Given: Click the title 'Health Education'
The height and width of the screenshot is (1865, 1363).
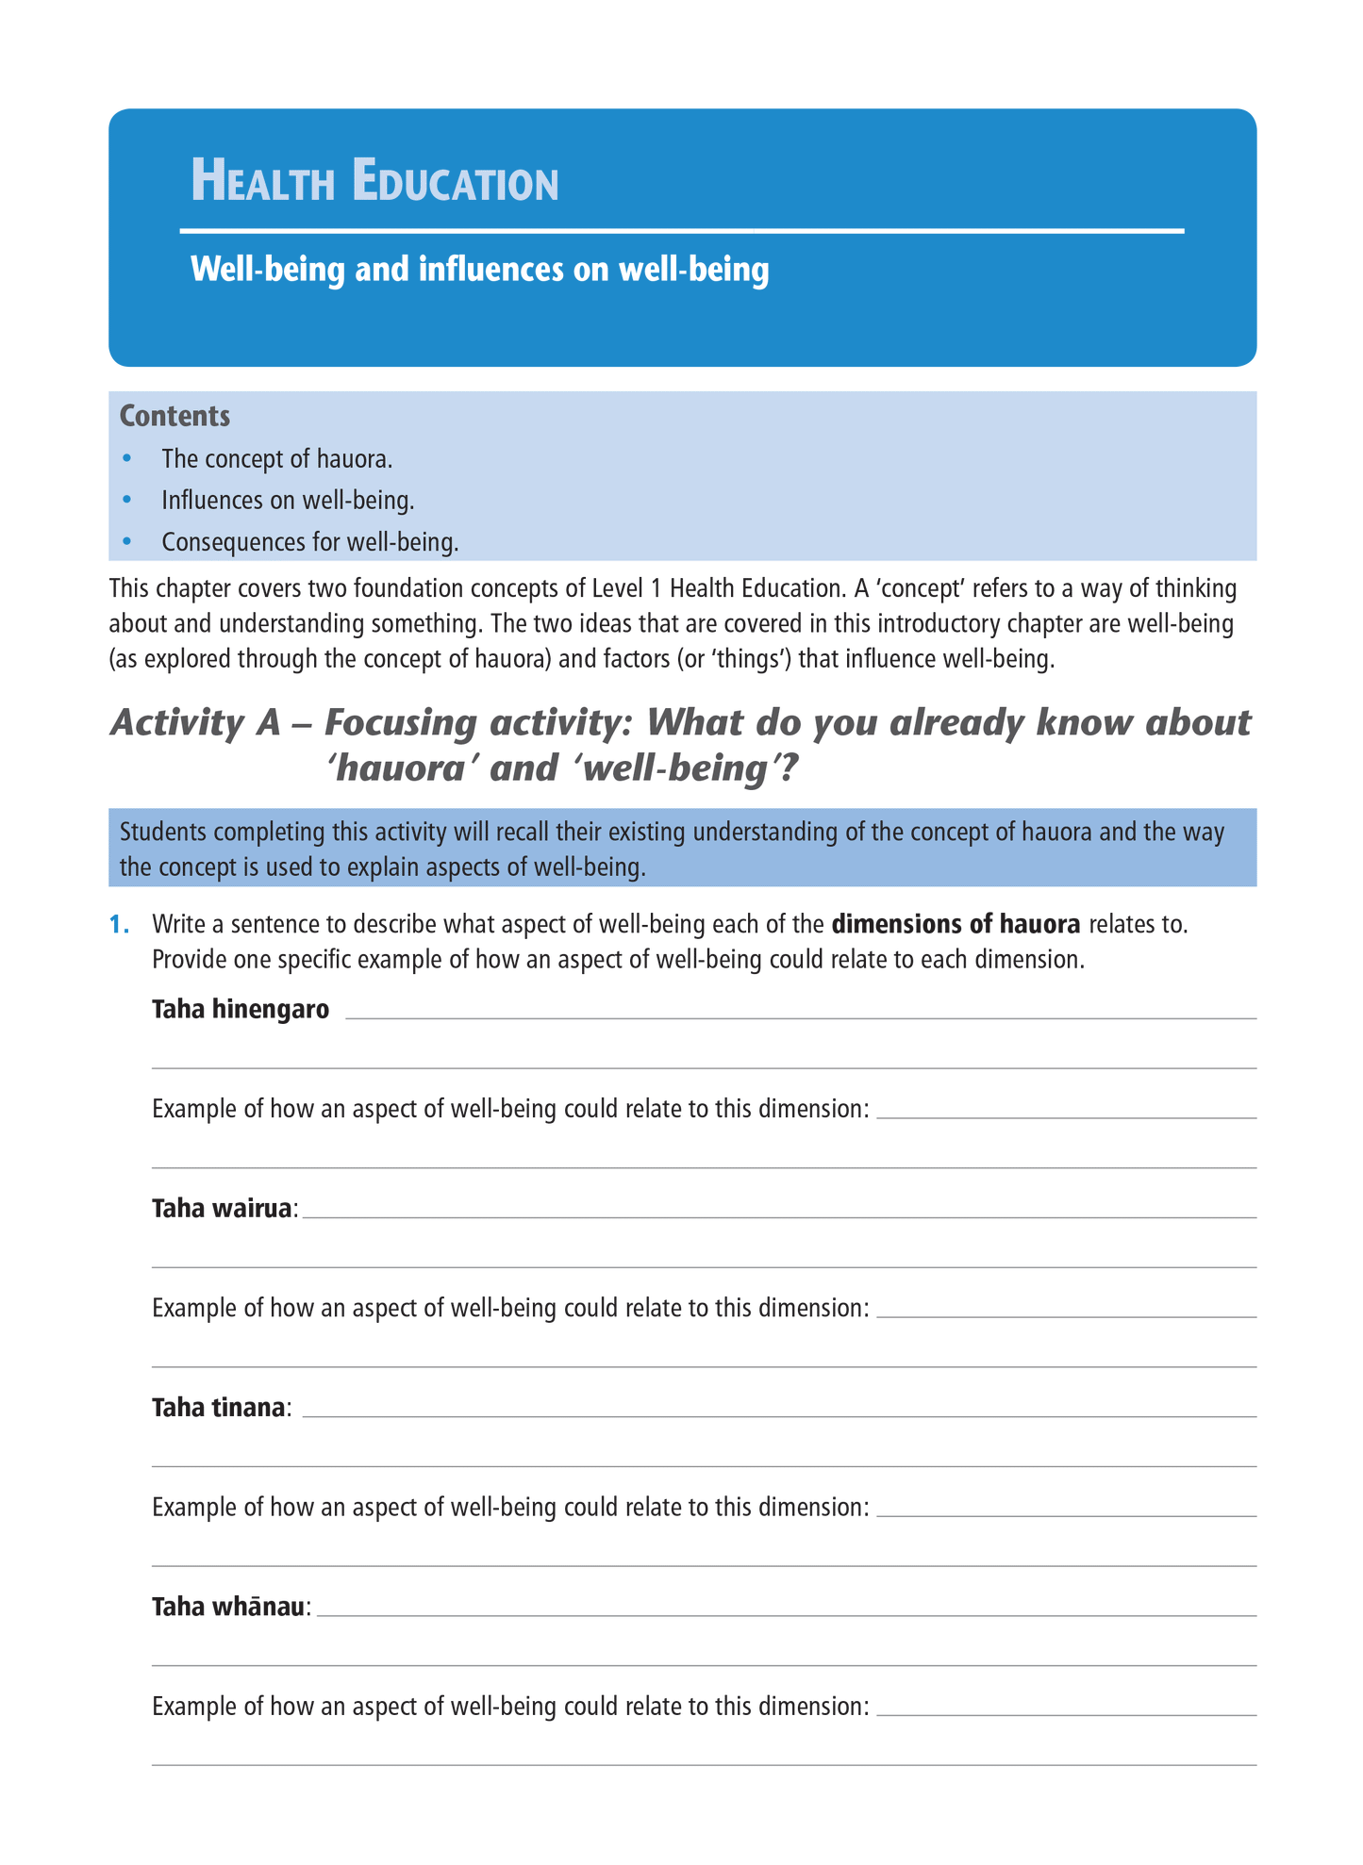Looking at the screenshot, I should (x=374, y=181).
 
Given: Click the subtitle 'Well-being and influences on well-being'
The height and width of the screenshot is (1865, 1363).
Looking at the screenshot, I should (x=479, y=270).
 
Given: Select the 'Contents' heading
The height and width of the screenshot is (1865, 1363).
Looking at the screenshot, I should (x=175, y=416).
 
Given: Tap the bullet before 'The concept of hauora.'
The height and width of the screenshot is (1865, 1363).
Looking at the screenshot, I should (x=128, y=459).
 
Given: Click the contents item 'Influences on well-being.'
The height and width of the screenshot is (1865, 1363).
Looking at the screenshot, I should (x=288, y=500).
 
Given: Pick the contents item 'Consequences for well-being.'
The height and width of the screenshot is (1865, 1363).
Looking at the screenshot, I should (x=309, y=542).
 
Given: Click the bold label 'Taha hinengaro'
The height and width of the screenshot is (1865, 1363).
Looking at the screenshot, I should (x=241, y=1010).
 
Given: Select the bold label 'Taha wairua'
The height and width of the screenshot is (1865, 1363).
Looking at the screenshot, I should (x=221, y=1209).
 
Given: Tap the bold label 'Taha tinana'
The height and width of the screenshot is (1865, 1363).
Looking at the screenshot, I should (x=218, y=1408).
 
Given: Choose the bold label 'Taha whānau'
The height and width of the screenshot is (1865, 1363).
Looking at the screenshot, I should (x=229, y=1607).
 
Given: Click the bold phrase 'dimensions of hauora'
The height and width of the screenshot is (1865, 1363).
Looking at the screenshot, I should (x=956, y=924).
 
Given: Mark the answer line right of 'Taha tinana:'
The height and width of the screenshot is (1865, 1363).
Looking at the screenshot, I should (x=778, y=1415).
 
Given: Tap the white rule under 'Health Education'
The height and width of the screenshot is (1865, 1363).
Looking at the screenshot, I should (x=681, y=230).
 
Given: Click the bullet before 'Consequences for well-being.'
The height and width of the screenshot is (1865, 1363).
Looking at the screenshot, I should (x=128, y=542).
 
